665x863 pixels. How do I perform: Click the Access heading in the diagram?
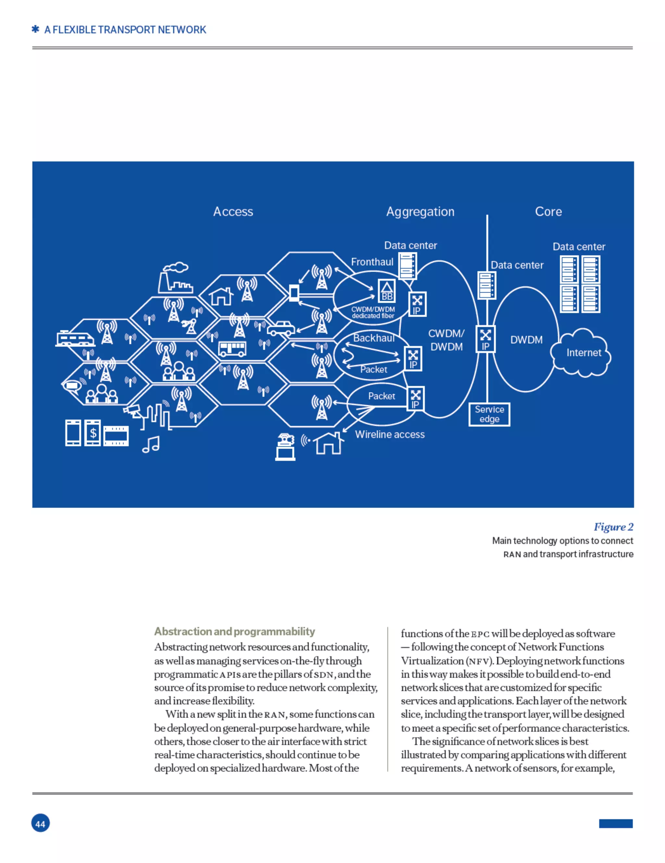tap(233, 211)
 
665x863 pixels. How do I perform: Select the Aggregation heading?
tap(420, 211)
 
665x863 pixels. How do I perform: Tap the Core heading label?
tap(548, 211)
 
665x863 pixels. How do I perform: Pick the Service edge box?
tap(489, 414)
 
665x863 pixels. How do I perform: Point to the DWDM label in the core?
tap(526, 340)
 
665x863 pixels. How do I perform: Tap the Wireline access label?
tap(390, 434)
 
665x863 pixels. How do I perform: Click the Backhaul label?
tap(374, 338)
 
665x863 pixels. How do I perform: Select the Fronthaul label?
tap(372, 262)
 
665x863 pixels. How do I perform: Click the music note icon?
tap(151, 445)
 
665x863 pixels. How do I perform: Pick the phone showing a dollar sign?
tap(93, 433)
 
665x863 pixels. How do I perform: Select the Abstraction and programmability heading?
tap(234, 631)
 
